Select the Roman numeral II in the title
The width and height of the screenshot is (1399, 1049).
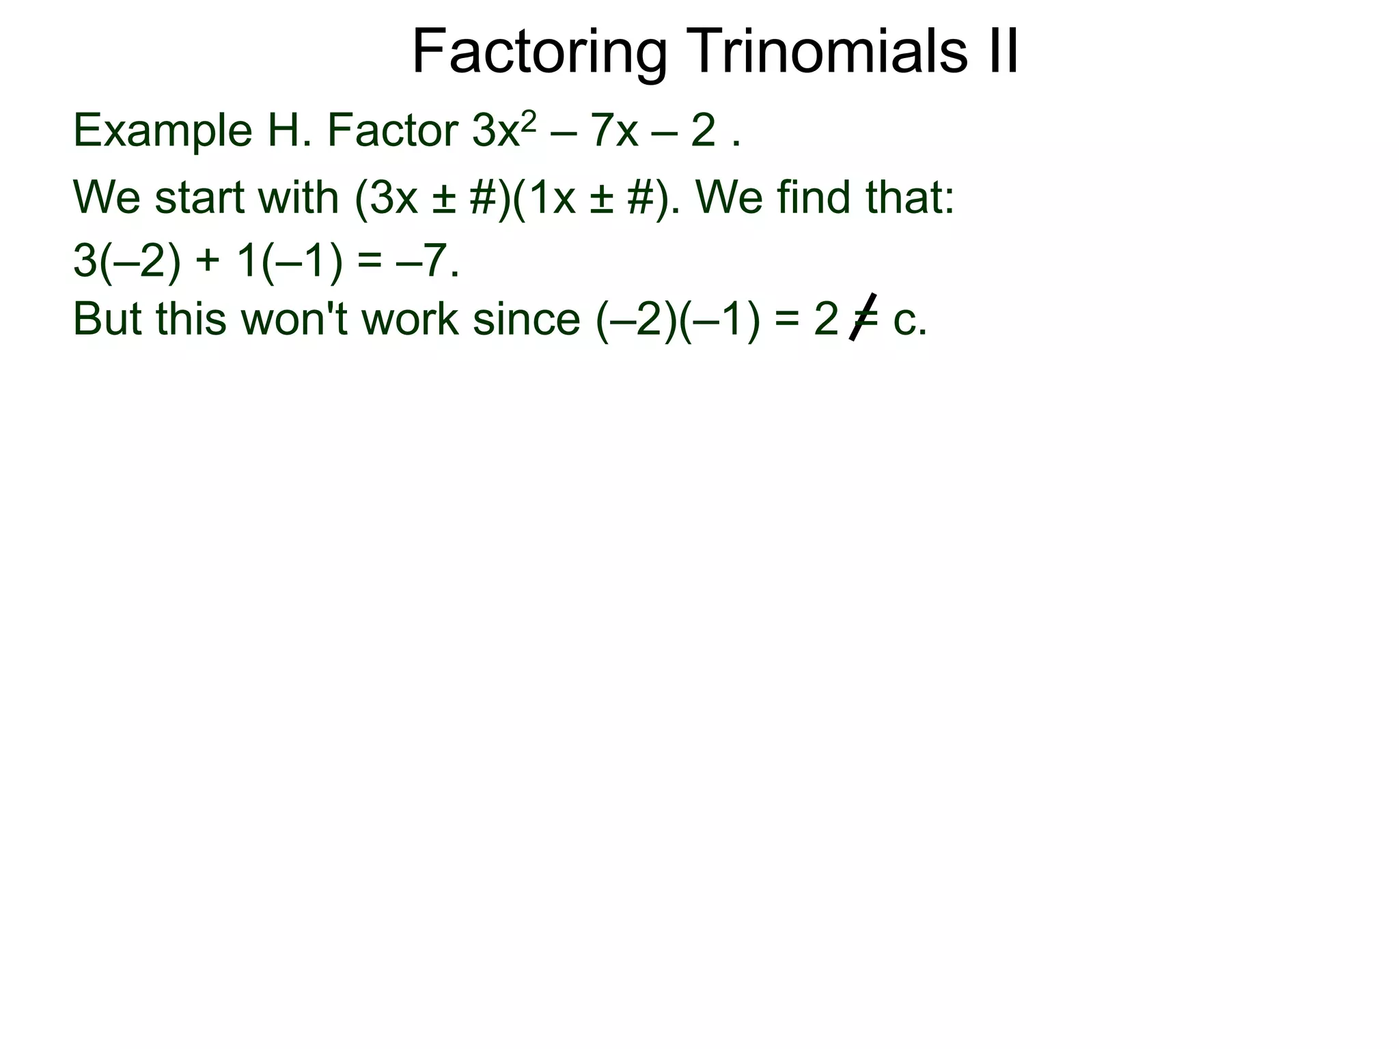tap(1001, 52)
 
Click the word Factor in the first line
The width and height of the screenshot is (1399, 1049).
tap(393, 130)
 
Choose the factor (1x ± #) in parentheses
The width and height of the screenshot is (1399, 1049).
tap(592, 198)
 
